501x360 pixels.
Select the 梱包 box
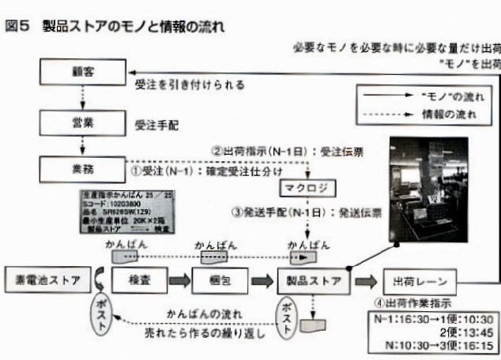point(220,279)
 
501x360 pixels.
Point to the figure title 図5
point(17,26)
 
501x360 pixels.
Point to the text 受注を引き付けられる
point(190,84)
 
